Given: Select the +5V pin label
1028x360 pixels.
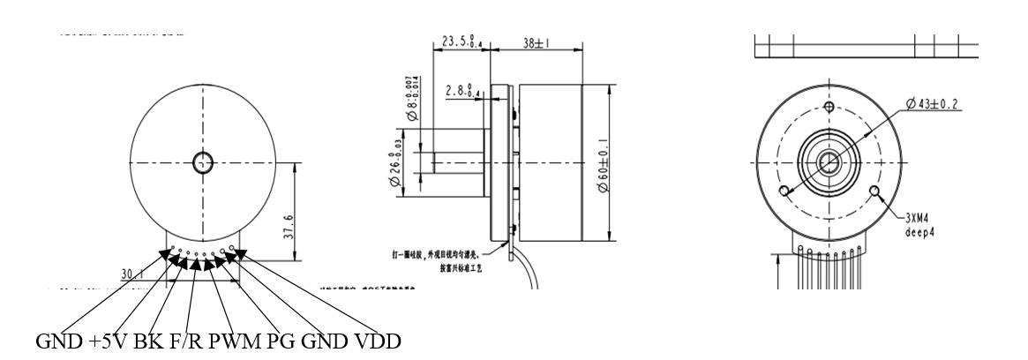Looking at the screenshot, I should pyautogui.click(x=109, y=341).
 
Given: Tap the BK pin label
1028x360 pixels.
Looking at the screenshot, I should pyautogui.click(x=148, y=341).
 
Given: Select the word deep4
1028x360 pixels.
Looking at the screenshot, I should pyautogui.click(x=923, y=233).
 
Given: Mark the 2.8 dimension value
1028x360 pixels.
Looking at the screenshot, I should pyautogui.click(x=464, y=89).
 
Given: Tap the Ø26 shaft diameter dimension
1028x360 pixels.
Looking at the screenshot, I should pyautogui.click(x=396, y=162).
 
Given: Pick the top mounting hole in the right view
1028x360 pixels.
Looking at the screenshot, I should pyautogui.click(x=828, y=108).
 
